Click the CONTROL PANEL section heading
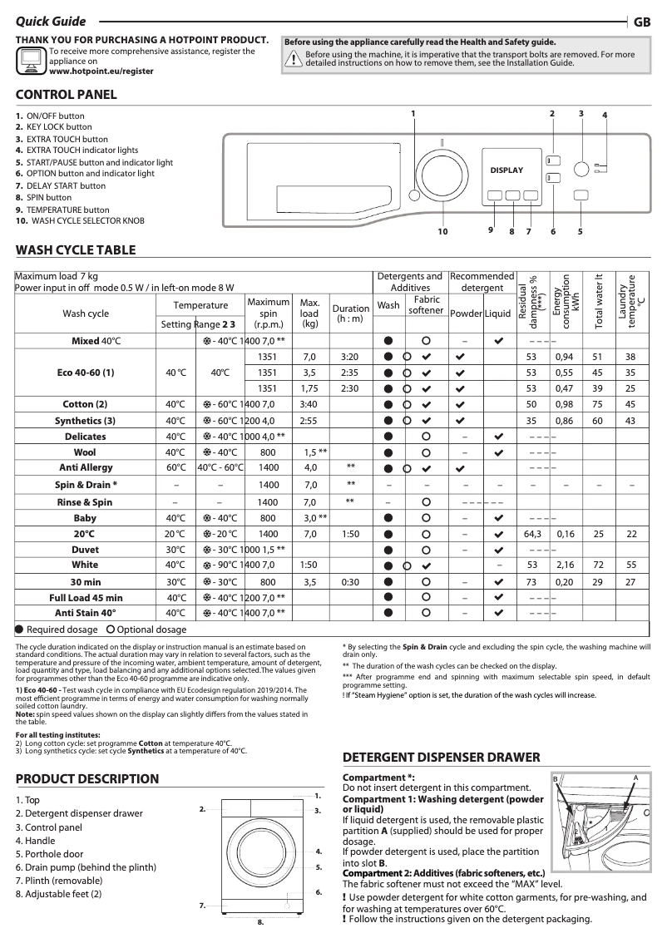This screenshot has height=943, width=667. pyautogui.click(x=67, y=95)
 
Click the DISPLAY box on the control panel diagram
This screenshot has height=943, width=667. pyautogui.click(x=506, y=170)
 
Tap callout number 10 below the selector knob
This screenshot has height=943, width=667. pyautogui.click(x=442, y=231)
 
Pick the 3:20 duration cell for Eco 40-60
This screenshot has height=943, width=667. pyautogui.click(x=350, y=357)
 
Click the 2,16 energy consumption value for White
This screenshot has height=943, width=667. pyautogui.click(x=566, y=565)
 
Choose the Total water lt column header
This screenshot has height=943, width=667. pyautogui.click(x=598, y=301)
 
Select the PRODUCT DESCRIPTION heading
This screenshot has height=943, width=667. pyautogui.click(x=87, y=779)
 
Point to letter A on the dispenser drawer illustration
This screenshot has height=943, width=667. pyautogui.click(x=635, y=777)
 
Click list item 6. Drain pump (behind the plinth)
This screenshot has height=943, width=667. pyautogui.click(x=86, y=867)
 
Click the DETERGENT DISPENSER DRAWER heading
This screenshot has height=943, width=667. pyautogui.click(x=442, y=758)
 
